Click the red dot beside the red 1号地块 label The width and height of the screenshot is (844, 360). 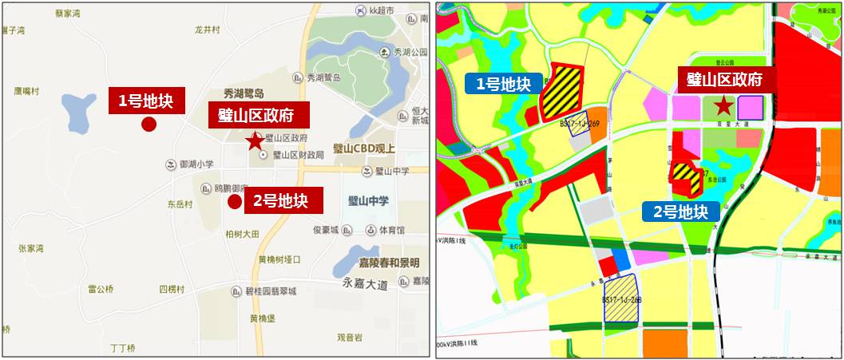[148, 124]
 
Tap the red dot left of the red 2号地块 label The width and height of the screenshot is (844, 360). [234, 202]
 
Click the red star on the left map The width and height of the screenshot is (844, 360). [254, 141]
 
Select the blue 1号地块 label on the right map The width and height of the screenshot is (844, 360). [502, 84]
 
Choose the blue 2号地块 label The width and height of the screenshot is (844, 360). [680, 211]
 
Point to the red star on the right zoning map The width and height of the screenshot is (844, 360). [723, 105]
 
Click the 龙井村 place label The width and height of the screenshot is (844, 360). [207, 29]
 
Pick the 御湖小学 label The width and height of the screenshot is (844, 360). [196, 164]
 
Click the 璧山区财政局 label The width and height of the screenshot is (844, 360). [298, 155]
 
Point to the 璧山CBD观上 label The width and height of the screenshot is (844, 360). [364, 148]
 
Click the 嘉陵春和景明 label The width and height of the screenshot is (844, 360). [388, 263]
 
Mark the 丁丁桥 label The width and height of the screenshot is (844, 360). [122, 348]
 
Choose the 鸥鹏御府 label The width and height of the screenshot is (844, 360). [231, 188]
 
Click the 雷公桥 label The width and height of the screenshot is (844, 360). [101, 289]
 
